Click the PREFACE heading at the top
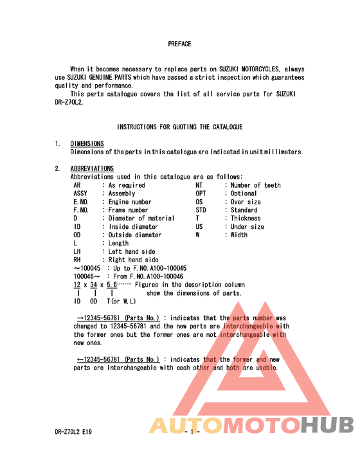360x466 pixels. (x=179, y=44)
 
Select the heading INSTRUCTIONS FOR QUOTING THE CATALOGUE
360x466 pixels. (x=179, y=127)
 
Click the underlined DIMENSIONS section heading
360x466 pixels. (x=87, y=143)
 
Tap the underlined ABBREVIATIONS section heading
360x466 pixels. (x=92, y=168)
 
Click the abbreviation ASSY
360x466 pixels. (x=81, y=193)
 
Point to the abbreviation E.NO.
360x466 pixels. (x=81, y=202)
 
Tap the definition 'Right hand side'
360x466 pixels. (x=133, y=260)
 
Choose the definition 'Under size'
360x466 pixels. (x=248, y=227)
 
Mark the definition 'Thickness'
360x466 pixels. (x=248, y=219)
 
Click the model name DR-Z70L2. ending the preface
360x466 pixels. (x=69, y=102)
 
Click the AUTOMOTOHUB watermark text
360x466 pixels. (x=251, y=426)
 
